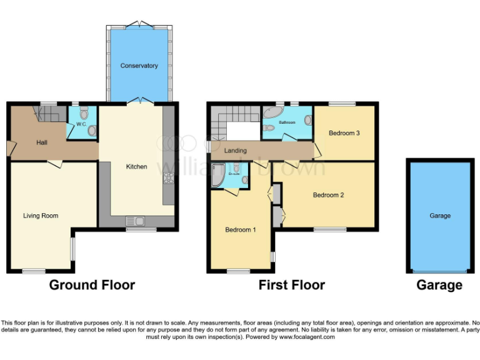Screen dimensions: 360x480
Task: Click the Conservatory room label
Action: coord(139,66)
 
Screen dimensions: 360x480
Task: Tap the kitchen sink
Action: coord(135,220)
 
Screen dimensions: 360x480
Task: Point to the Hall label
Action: coord(42,143)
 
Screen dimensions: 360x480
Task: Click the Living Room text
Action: coord(41,216)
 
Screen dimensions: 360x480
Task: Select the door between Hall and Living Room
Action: coord(55,163)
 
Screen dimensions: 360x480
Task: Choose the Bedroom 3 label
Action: coord(344,133)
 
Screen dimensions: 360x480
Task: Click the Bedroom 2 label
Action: coord(328,195)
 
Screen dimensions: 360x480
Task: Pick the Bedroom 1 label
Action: coord(241,229)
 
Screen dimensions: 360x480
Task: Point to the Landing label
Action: coord(236,151)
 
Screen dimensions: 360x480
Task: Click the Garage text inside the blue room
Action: coord(440,216)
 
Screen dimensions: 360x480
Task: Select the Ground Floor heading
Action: coord(92,285)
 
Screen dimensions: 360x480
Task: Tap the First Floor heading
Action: coord(292,285)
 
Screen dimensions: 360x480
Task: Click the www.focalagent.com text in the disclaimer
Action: coord(306,337)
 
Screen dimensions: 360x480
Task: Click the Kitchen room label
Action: coord(137,166)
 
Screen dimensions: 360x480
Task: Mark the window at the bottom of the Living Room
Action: coord(34,271)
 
